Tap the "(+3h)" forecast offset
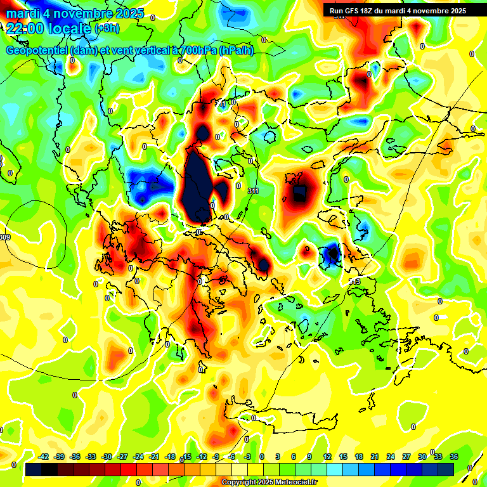coord(107,29)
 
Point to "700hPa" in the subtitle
coord(197,51)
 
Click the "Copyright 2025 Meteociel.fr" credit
coord(269,483)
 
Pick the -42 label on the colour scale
coord(44,457)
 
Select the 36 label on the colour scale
coord(454,457)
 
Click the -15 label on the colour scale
coord(186,457)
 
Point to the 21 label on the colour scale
coord(375,457)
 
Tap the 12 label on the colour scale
coord(327,457)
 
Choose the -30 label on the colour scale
coord(107,457)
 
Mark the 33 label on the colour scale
coord(438,457)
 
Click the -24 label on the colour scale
coord(139,457)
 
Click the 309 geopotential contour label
coord(5,237)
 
